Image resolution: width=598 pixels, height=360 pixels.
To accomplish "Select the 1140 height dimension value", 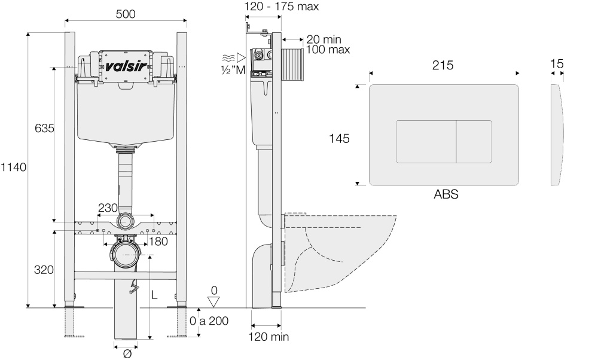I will tap(13, 167).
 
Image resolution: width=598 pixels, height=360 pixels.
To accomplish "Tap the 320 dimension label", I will tap(44, 270).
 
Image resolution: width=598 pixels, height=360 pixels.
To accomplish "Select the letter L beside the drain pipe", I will tap(154, 294).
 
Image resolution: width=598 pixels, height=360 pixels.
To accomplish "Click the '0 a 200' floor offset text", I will tap(209, 321).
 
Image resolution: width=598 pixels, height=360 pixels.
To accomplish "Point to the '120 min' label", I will tap(269, 337).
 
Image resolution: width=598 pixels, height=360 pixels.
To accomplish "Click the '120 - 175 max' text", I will tap(282, 7).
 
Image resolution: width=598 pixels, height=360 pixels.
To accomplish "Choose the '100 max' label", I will tap(328, 50).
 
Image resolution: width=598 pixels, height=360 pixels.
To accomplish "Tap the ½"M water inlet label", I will tap(234, 69).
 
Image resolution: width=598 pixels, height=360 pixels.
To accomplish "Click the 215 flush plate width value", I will tap(443, 65).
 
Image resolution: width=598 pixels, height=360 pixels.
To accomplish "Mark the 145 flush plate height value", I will tap(339, 138).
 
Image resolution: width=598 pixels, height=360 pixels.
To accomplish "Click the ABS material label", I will tap(446, 194).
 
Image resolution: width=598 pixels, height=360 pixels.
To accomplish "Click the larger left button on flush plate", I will tap(426, 142).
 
